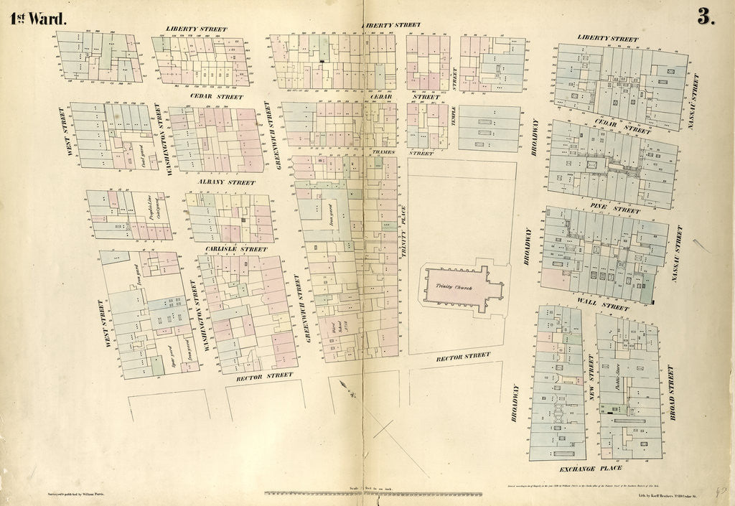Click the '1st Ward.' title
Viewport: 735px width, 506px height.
[38, 19]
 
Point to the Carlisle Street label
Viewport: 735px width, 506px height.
[235, 249]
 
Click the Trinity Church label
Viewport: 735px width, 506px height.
[449, 286]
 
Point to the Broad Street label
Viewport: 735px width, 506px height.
[671, 392]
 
